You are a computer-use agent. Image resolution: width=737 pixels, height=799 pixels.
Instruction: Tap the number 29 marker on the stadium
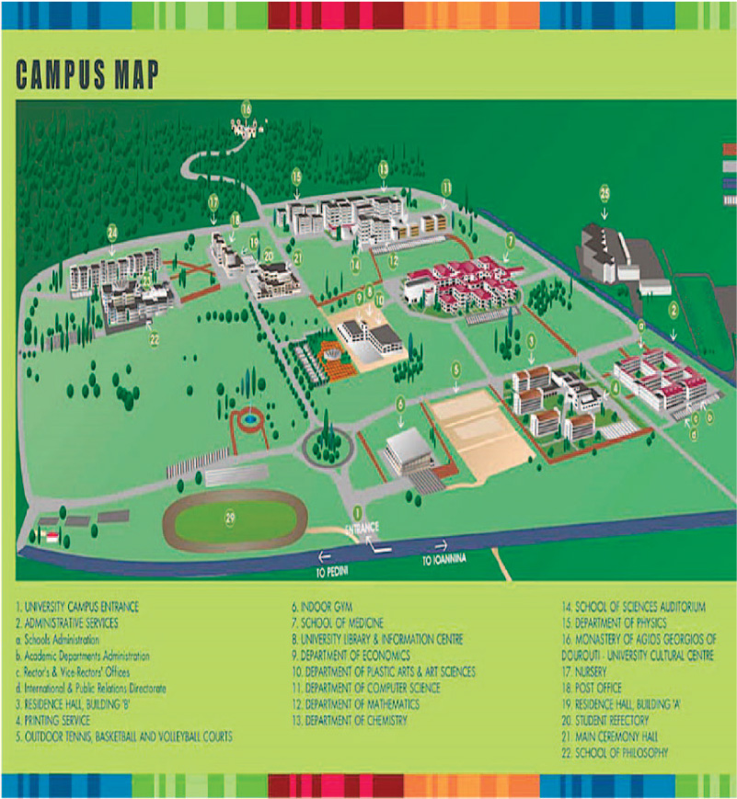pos(230,518)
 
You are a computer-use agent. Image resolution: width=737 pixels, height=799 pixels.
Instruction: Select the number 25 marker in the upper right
pos(605,192)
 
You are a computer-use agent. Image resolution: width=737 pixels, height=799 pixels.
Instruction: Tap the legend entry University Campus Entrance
pos(77,608)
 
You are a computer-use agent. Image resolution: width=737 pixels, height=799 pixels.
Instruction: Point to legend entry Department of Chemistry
pos(350,721)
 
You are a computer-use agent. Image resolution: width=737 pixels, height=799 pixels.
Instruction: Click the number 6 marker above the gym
pos(400,403)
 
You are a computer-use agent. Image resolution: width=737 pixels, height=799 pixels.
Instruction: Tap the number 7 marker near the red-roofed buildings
pos(509,241)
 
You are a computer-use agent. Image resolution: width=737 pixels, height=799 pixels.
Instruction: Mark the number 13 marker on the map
pos(383,168)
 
